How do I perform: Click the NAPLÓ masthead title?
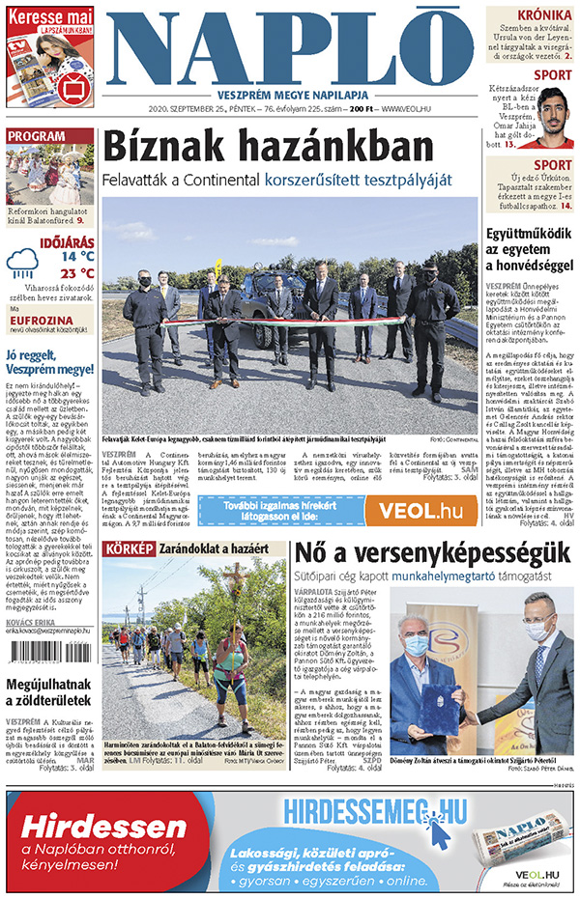point(289,46)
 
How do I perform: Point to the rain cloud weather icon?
point(23,264)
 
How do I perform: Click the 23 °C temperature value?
point(76,273)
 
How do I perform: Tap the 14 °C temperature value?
point(77,257)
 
